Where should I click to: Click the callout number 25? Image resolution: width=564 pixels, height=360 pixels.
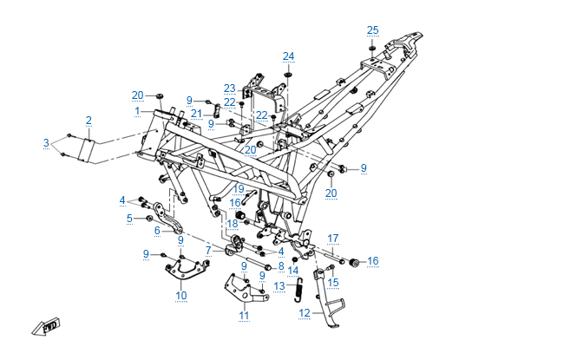tap(372, 30)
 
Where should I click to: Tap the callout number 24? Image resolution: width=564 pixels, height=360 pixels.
tap(288, 56)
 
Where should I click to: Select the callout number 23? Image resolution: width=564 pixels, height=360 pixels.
tap(229, 88)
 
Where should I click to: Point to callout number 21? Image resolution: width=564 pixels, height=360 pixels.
tap(196, 114)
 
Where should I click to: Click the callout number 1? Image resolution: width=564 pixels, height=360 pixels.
tap(137, 111)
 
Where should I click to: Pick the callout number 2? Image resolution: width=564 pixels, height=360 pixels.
tap(89, 120)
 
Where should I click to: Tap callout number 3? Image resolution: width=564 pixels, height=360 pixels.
tap(47, 141)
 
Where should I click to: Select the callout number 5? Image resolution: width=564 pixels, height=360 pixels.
tap(128, 219)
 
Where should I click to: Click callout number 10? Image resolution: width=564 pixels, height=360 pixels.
tap(180, 296)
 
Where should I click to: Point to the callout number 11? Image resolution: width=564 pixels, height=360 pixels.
tap(245, 315)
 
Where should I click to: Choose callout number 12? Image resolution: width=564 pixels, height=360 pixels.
tap(304, 313)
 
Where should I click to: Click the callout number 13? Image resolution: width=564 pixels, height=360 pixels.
tap(279, 285)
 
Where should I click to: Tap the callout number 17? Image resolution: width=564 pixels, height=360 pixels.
tap(332, 238)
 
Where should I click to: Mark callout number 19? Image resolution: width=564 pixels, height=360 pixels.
tap(239, 188)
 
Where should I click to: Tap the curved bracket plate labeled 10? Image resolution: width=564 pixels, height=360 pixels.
tap(184, 271)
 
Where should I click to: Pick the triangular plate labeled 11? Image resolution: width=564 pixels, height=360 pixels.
tap(238, 287)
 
